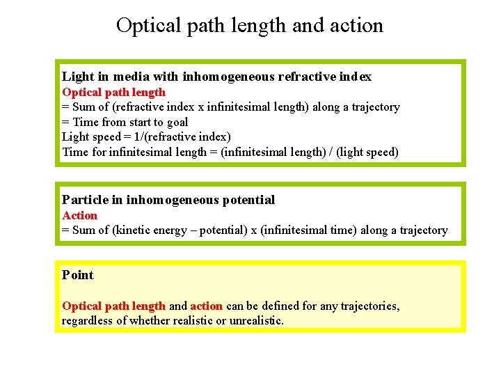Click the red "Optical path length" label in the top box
click(114, 92)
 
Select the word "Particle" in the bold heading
click(85, 201)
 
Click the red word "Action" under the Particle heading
click(80, 215)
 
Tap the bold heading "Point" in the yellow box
click(77, 275)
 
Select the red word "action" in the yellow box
click(207, 306)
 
